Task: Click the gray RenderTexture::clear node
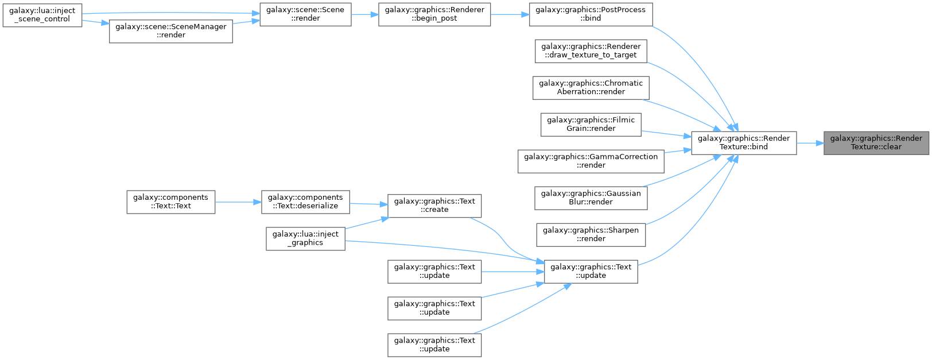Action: (x=876, y=143)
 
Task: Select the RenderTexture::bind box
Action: (x=744, y=143)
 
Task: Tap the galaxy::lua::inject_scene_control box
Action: (x=42, y=16)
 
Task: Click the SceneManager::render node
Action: (x=170, y=31)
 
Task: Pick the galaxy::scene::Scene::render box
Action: (x=305, y=14)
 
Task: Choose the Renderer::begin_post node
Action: (x=434, y=14)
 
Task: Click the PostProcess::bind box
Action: (x=591, y=14)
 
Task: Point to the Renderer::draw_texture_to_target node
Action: (x=591, y=51)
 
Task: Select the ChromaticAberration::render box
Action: (x=591, y=88)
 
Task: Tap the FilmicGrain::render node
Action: (x=591, y=125)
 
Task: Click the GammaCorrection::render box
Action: (x=591, y=161)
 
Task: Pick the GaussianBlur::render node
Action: (x=591, y=198)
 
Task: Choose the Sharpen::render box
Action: (x=591, y=235)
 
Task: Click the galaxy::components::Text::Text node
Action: (x=170, y=202)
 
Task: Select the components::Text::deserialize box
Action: (x=305, y=202)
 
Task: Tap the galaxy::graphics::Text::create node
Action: (x=434, y=206)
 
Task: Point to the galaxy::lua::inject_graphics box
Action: (x=305, y=238)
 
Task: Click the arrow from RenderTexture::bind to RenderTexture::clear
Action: (x=810, y=143)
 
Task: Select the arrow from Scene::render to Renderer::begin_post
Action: (x=365, y=14)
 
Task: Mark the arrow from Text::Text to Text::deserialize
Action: (x=238, y=202)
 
